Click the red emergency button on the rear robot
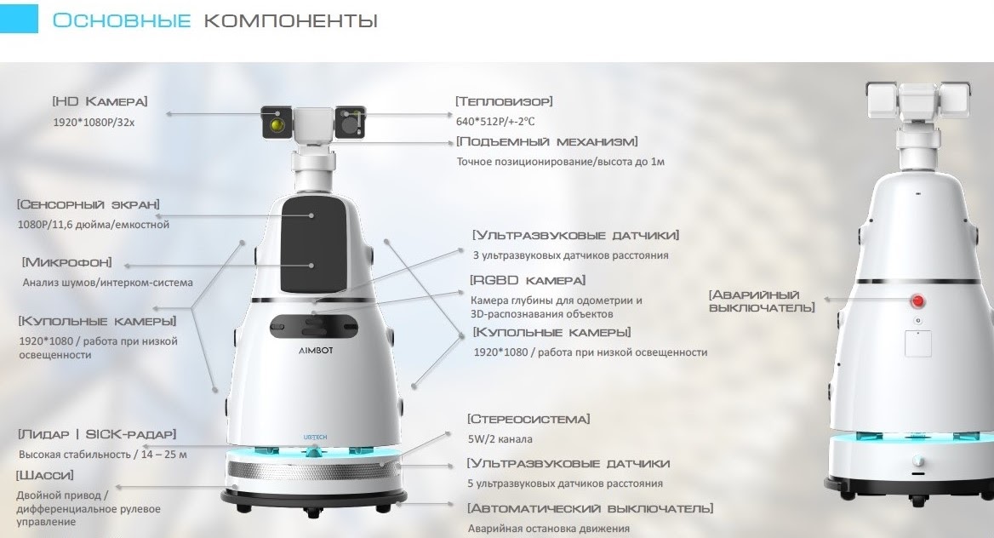pos(917,300)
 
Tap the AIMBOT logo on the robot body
pos(316,350)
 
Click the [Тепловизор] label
pos(504,101)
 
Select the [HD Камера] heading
pos(100,101)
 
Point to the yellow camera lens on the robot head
pos(277,123)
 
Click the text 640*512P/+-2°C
pos(495,121)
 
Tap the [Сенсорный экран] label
pos(89,204)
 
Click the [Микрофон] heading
pos(66,263)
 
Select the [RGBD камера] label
pos(528,280)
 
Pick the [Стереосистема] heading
pos(528,420)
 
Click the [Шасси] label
pos(44,475)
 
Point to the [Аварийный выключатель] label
pos(762,301)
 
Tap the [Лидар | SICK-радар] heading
pos(97,435)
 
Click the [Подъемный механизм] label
pos(546,141)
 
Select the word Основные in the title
pos(121,20)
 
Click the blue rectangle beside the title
pos(19,18)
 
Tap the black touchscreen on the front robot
pos(314,244)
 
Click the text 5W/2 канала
pos(500,439)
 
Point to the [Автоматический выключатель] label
pos(591,509)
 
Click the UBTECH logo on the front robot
pos(315,438)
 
